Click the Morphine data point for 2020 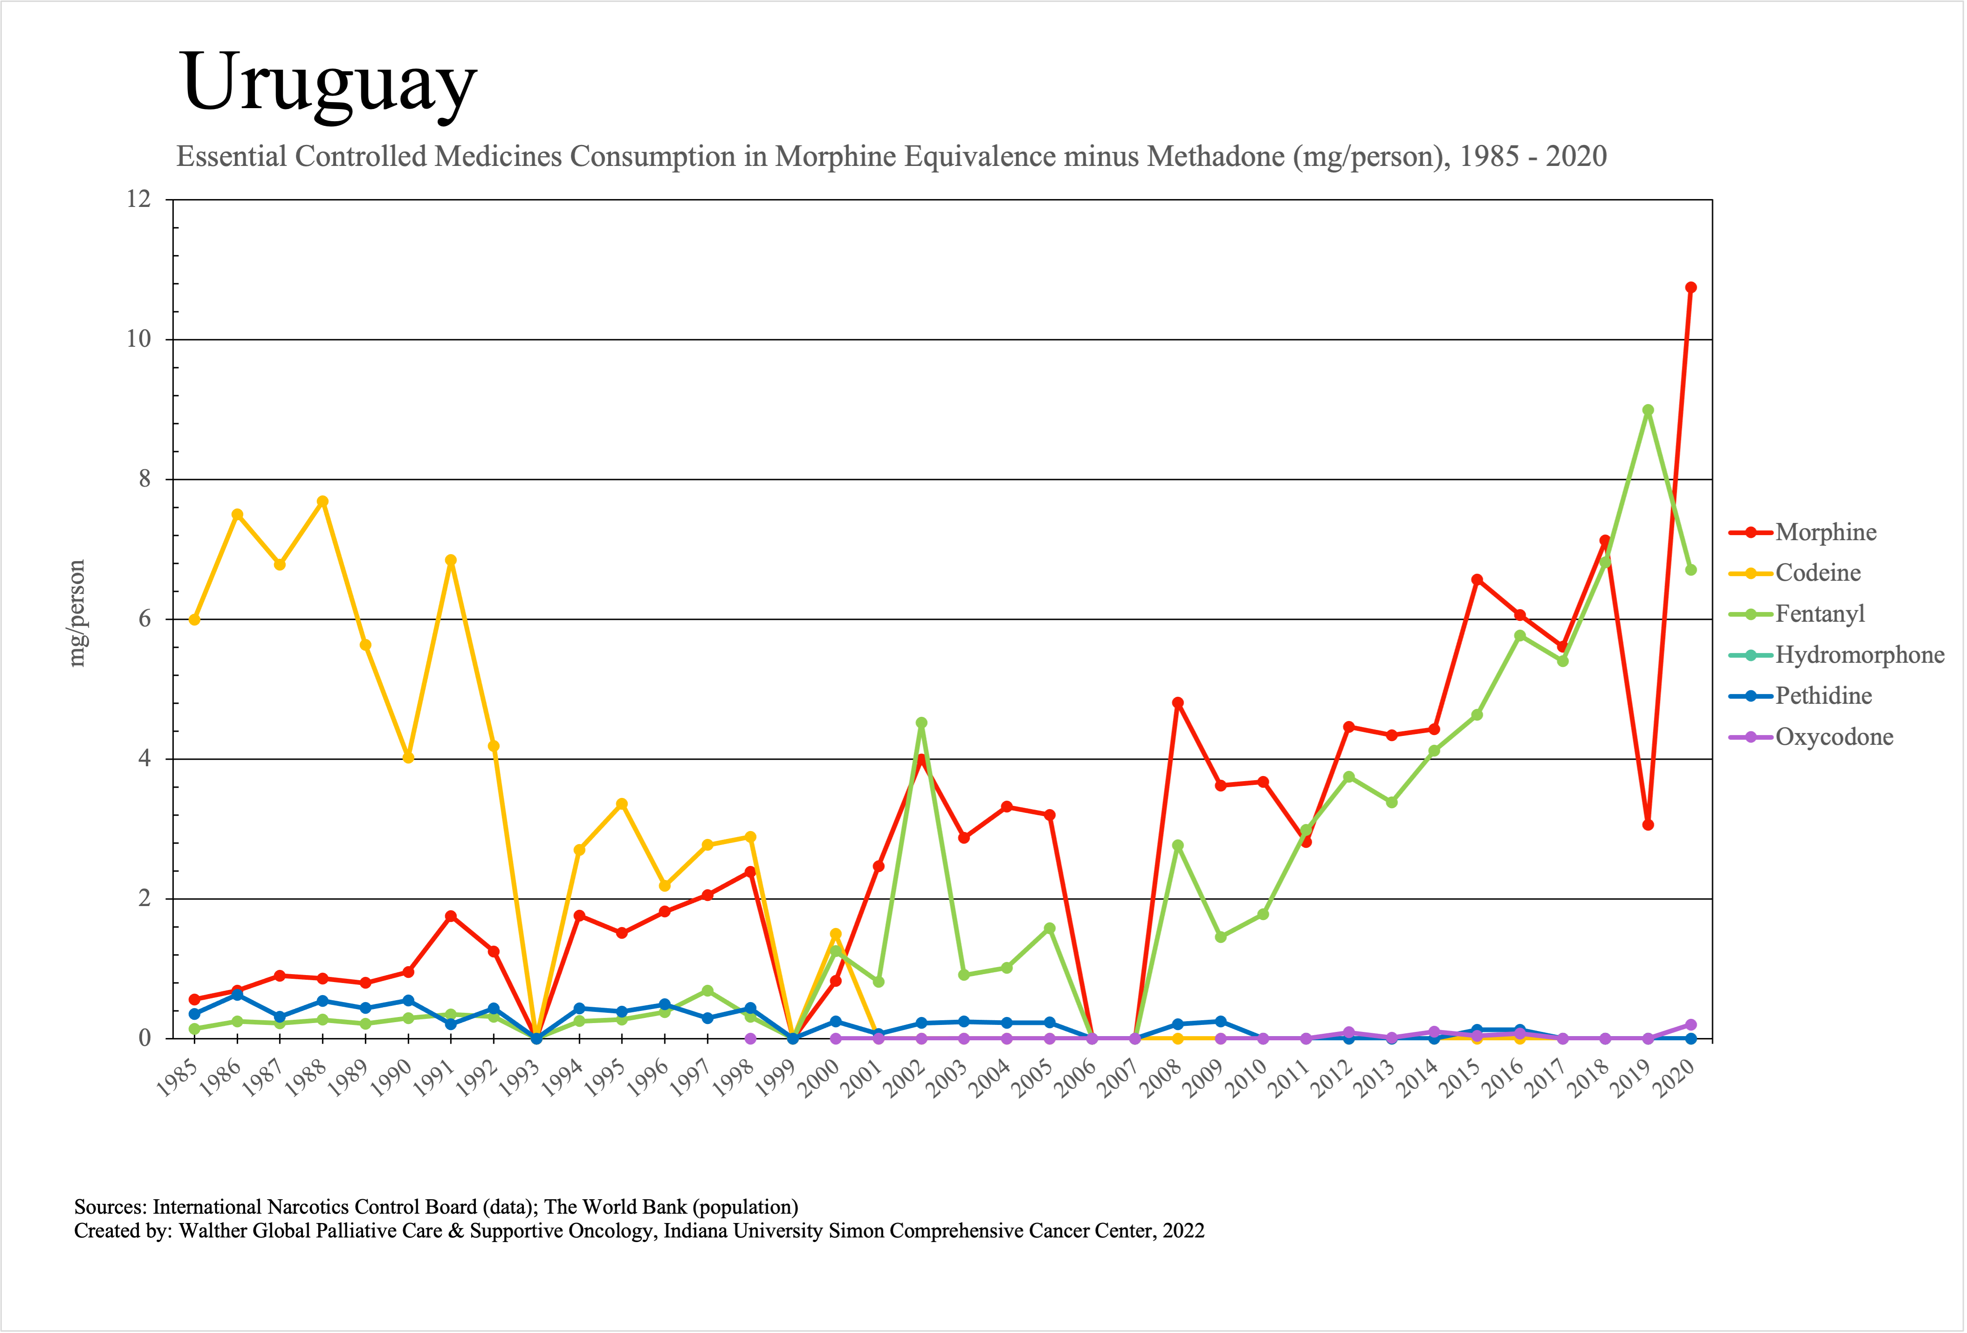coord(1690,288)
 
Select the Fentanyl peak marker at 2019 coord(1647,411)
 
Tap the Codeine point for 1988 coord(322,502)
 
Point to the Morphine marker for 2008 coord(1177,702)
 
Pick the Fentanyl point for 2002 coord(921,723)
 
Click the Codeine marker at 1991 coord(450,560)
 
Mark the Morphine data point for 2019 coord(1647,825)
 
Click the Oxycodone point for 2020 coord(1690,1025)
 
